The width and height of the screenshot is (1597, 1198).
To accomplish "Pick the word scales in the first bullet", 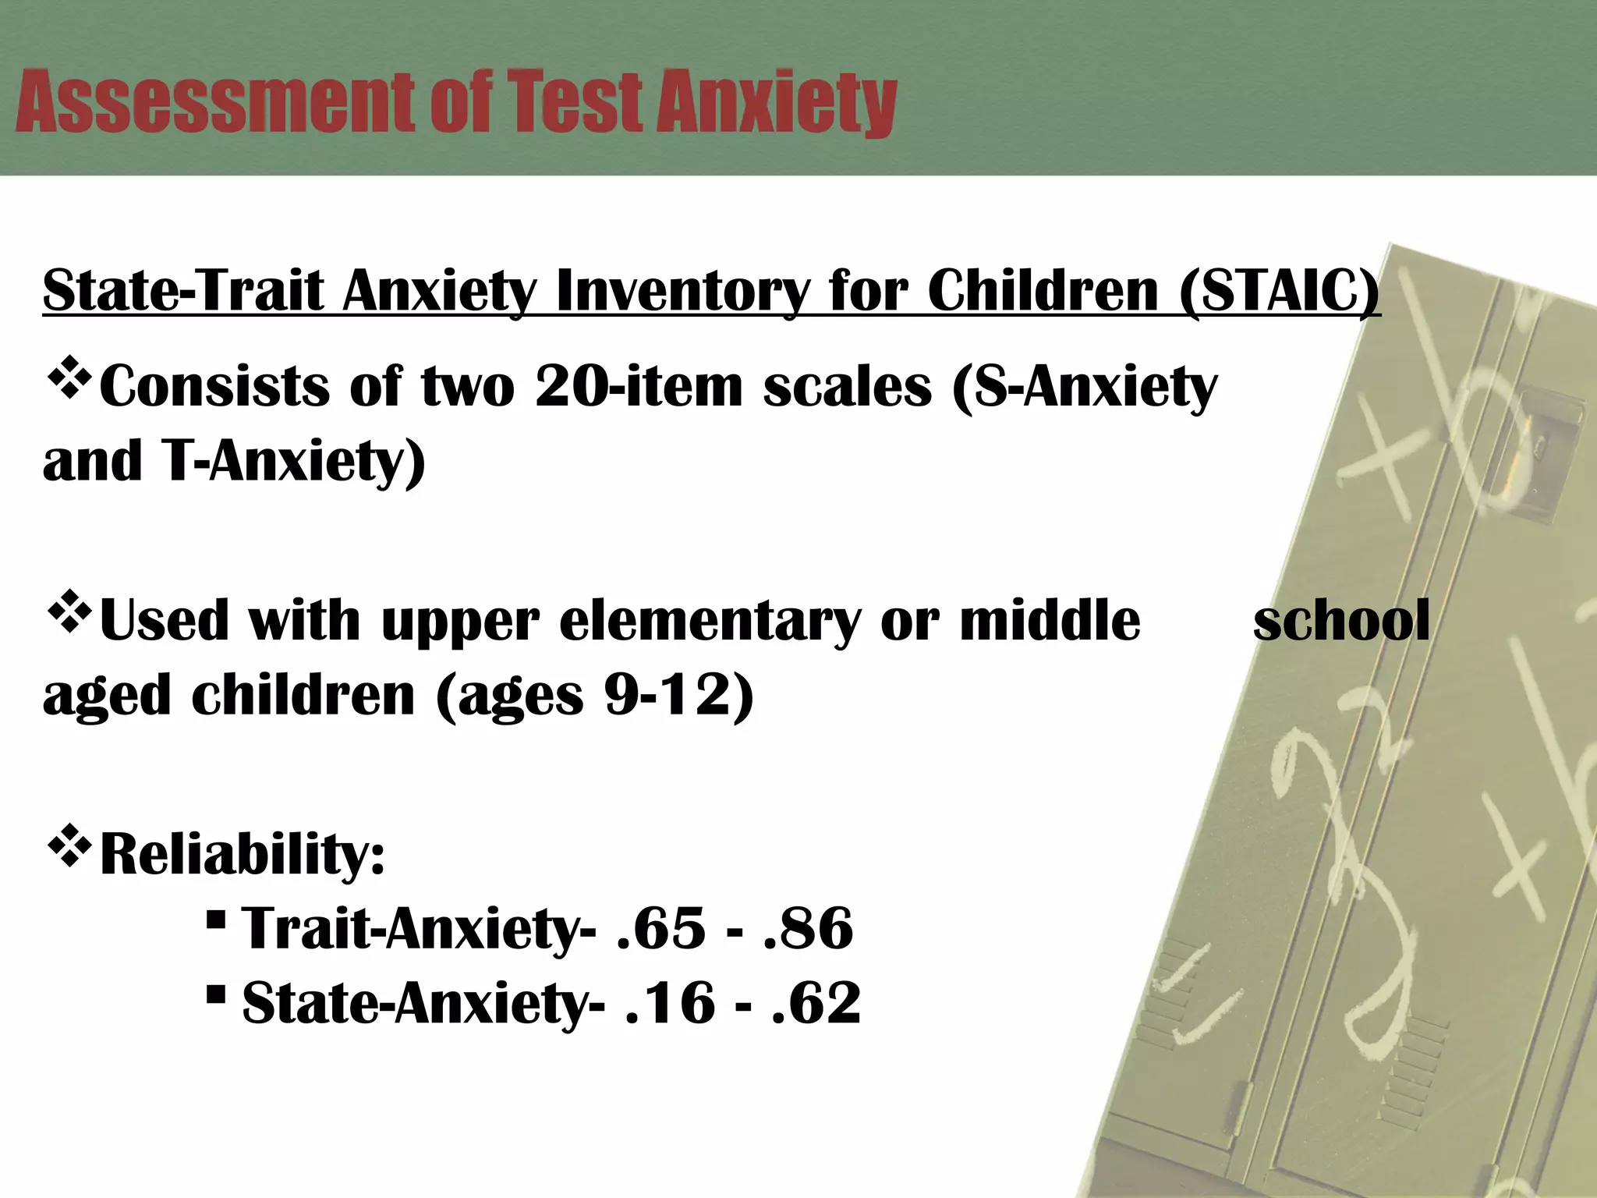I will pyautogui.click(x=847, y=387).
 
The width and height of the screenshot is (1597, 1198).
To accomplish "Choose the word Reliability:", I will pyautogui.click(x=243, y=855).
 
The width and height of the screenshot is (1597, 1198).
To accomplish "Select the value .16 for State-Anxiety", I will pyautogui.click(x=670, y=1002).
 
